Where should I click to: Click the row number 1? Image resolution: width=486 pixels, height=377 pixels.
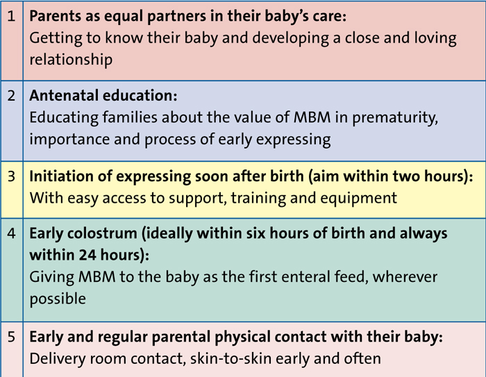coord(11,16)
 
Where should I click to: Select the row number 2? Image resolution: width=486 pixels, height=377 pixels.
coord(11,95)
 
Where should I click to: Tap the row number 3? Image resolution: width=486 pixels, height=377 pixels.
coord(11,176)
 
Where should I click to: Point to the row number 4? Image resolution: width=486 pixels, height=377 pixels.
coord(11,233)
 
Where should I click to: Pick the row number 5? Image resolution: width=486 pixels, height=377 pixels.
coord(11,337)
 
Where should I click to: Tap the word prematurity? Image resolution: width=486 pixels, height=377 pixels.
coord(395,118)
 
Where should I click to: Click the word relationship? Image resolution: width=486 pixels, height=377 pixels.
coord(71,60)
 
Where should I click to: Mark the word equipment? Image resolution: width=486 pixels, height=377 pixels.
coord(359,199)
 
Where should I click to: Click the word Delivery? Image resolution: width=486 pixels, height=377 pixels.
coord(58,360)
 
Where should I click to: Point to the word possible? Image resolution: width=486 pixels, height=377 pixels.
coord(58,299)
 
